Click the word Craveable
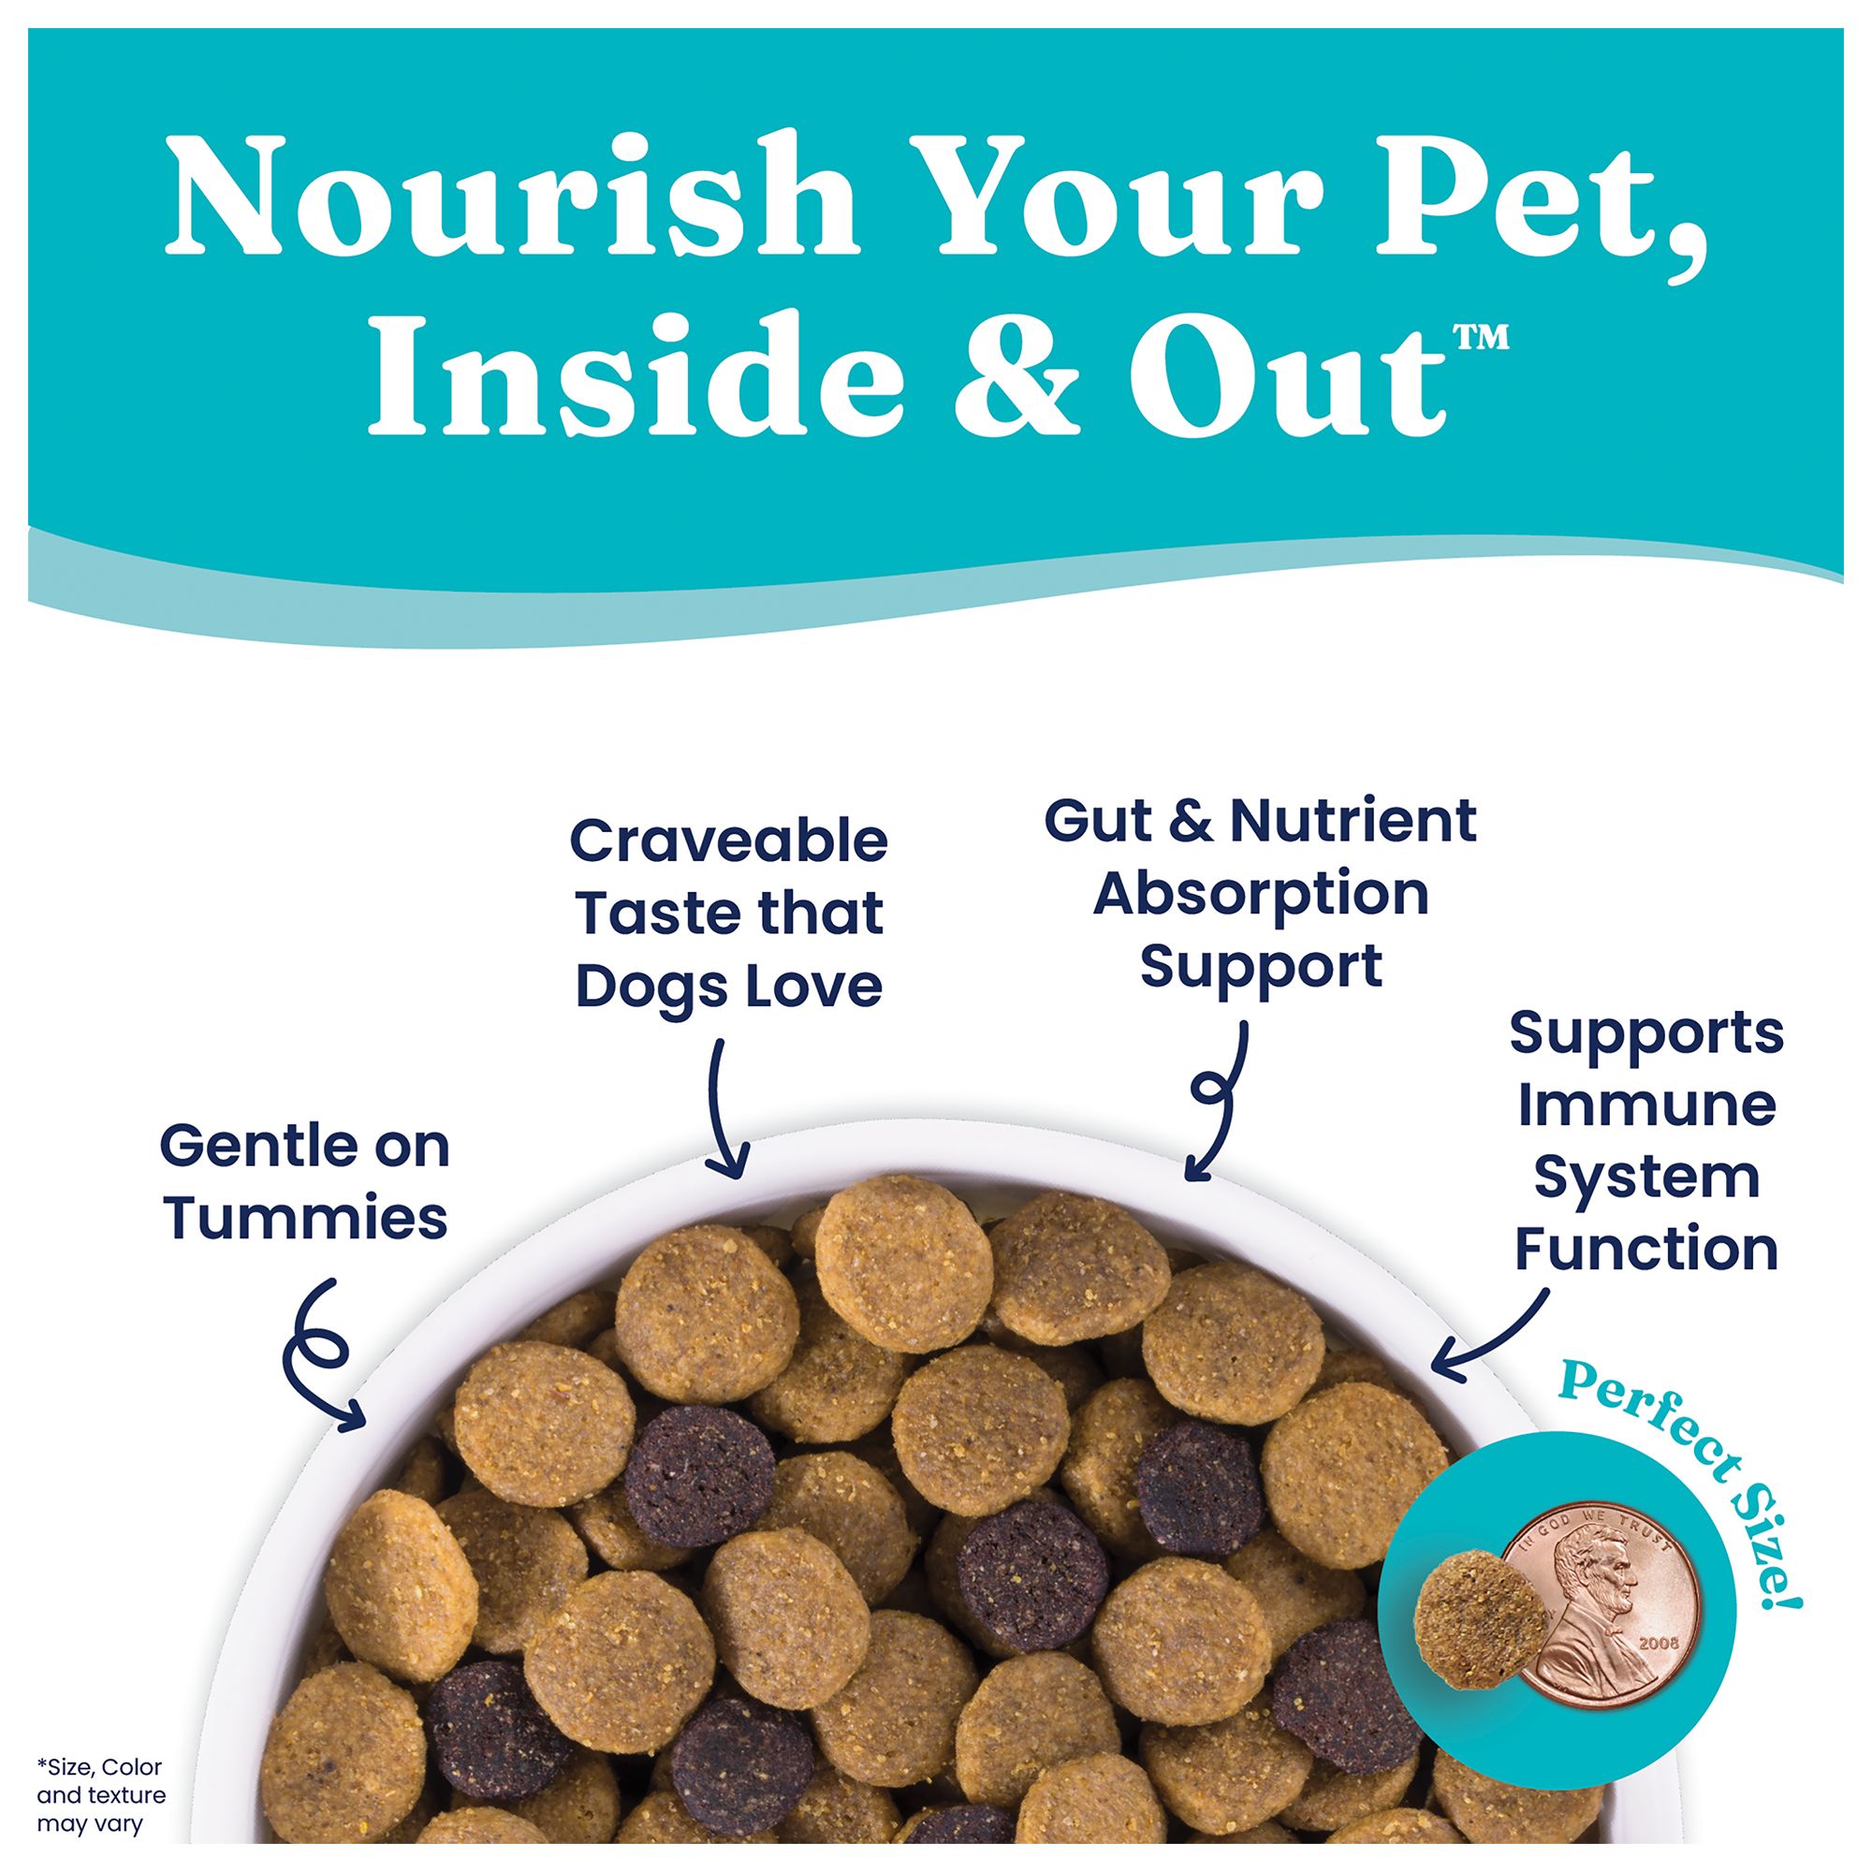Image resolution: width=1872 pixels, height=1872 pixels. [x=727, y=841]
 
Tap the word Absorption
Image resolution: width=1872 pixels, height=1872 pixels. [x=1261, y=893]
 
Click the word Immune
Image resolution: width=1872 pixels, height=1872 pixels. [x=1646, y=1105]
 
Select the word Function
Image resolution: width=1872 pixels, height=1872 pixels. [x=1646, y=1249]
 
